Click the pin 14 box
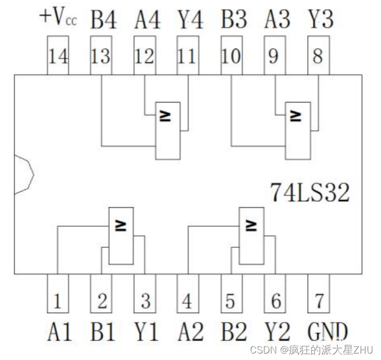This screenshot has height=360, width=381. pyautogui.click(x=58, y=56)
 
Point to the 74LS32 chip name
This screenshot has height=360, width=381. pyautogui.click(x=310, y=192)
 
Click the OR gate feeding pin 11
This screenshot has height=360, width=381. pyautogui.click(x=168, y=131)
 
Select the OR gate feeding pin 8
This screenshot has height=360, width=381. pyautogui.click(x=298, y=131)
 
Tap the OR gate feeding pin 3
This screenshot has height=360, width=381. pyautogui.click(x=121, y=236)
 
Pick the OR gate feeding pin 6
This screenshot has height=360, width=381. pyautogui.click(x=251, y=236)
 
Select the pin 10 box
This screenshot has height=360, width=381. pyautogui.click(x=232, y=56)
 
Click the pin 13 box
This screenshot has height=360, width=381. pyautogui.click(x=101, y=56)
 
